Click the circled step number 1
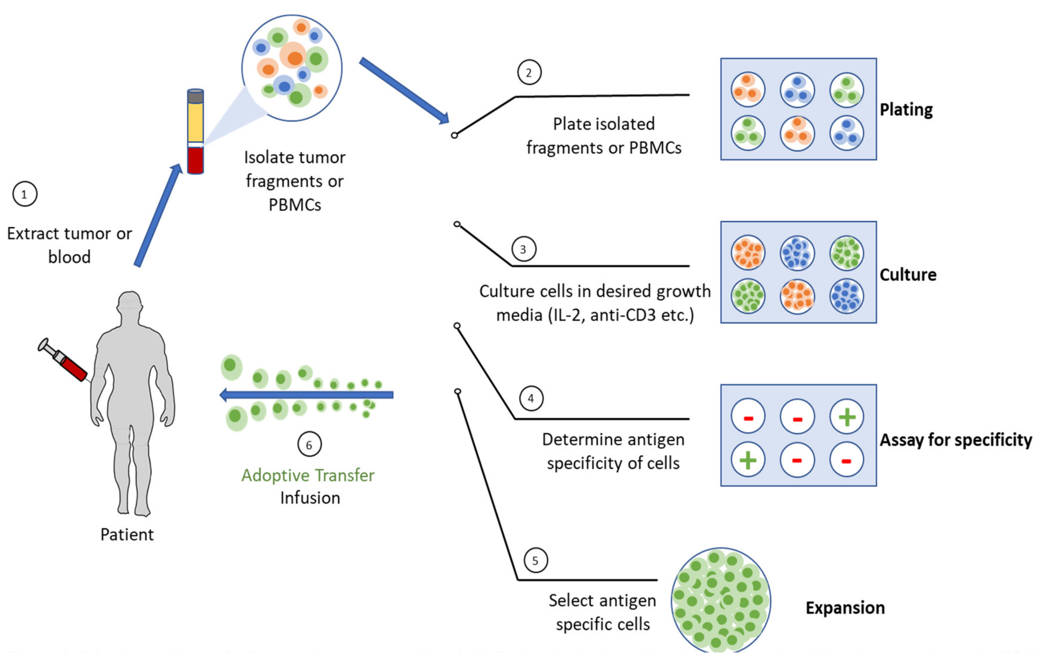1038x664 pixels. pos(25,194)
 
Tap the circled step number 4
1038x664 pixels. pos(531,398)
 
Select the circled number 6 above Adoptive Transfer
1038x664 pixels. pos(309,444)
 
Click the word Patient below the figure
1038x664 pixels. pos(127,535)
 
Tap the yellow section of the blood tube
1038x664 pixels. pos(195,123)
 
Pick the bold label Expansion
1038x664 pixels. pos(845,608)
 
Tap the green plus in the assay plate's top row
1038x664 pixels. pos(847,417)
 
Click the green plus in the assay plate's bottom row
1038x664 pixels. pos(748,460)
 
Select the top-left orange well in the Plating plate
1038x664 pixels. pos(748,90)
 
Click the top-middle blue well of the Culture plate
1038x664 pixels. pos(797,253)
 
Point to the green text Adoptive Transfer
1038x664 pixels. pos(308,475)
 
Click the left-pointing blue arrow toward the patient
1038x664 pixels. pos(306,394)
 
